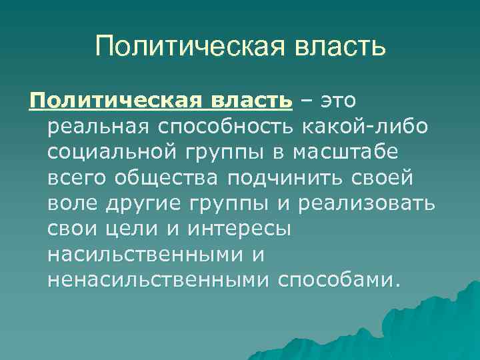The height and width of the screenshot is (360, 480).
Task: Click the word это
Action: coord(338,101)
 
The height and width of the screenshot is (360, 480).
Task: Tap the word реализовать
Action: coord(368,203)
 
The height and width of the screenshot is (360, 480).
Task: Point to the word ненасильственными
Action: coord(159,279)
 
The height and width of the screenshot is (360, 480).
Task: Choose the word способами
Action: coord(337,279)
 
